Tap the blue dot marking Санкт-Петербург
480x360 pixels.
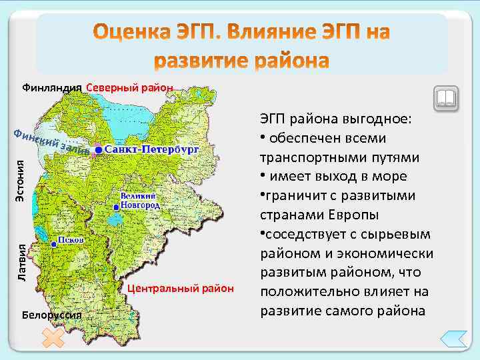98,151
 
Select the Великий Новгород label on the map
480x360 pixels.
140,201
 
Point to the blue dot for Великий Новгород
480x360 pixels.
116,208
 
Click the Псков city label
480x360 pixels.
71,239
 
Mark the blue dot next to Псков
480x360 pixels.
53,245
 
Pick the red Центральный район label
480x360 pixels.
181,289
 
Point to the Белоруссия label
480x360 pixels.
51,314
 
